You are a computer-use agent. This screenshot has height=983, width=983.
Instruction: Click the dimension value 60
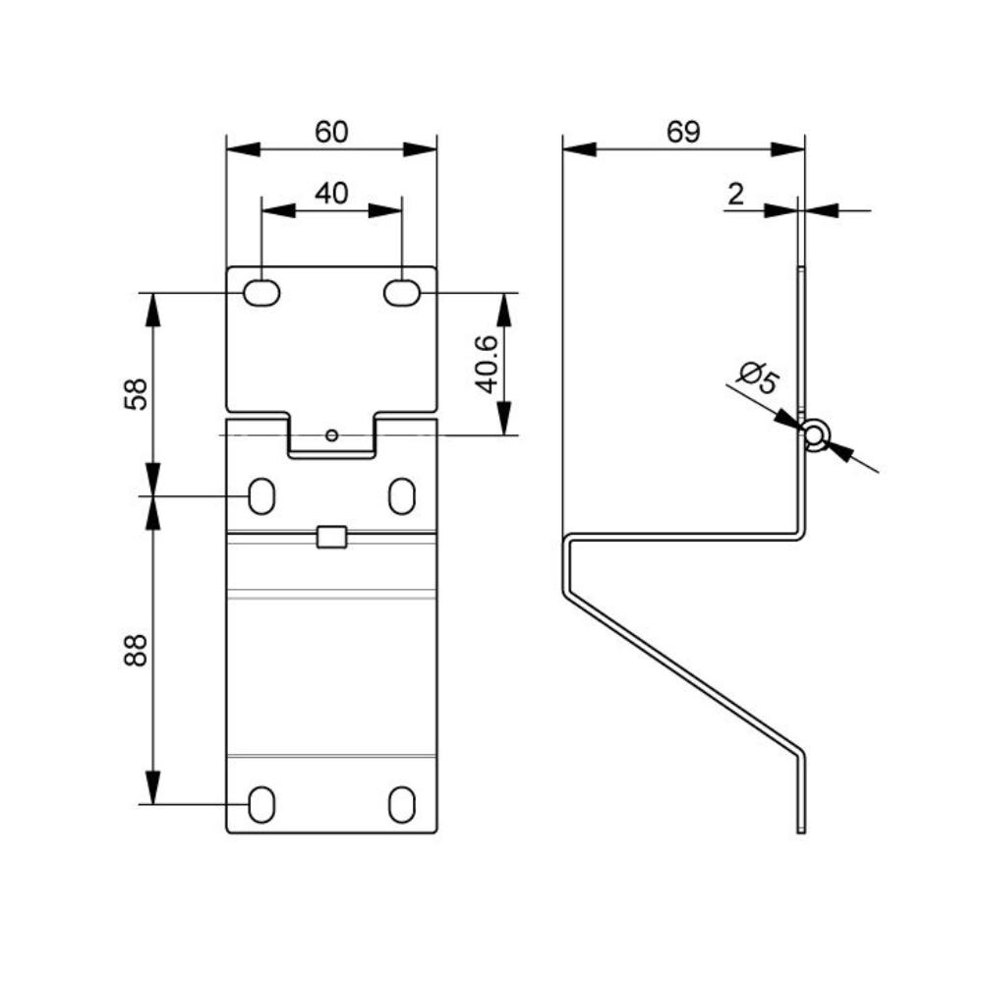(331, 133)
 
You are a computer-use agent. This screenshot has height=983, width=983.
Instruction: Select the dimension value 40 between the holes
(331, 194)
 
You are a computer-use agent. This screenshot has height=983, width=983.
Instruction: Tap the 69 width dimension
(683, 133)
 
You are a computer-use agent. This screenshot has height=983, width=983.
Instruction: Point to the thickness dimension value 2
(735, 194)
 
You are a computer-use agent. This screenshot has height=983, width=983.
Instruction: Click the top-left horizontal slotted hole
(261, 293)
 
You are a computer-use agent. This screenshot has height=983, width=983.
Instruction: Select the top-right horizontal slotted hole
(402, 293)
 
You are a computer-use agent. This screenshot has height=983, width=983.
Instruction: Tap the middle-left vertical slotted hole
(261, 496)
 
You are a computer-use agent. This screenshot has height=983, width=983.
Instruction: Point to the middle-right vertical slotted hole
(402, 496)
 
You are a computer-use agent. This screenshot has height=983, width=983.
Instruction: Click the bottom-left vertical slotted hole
(261, 805)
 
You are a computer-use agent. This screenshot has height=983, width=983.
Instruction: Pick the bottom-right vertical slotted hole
(402, 805)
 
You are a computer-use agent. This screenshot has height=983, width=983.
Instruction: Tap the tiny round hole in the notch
(332, 434)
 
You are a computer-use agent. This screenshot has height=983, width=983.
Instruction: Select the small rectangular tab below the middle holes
(331, 537)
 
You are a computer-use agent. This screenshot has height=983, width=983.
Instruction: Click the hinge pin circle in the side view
(814, 434)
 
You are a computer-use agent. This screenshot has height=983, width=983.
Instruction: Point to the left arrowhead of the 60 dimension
(242, 149)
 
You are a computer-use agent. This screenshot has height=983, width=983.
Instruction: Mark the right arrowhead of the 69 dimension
(788, 149)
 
